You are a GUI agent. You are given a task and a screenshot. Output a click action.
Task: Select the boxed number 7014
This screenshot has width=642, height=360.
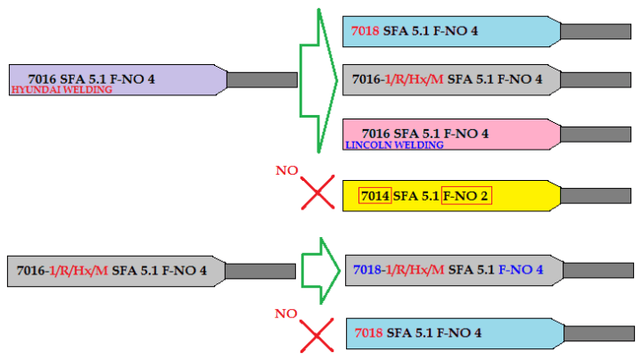coord(374,195)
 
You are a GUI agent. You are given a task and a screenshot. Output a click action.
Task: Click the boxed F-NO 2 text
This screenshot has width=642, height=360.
coord(466,195)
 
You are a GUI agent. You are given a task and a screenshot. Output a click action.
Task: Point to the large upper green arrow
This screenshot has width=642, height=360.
coord(317,80)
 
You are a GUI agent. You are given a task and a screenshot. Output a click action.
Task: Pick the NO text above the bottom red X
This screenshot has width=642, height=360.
coord(285,313)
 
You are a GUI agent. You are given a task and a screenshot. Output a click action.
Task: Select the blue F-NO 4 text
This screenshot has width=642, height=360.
coord(521,269)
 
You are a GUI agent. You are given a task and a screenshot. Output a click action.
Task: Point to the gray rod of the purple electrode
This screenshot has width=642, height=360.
coord(261,79)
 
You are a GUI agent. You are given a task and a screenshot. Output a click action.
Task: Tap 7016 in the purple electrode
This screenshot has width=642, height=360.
coord(43,78)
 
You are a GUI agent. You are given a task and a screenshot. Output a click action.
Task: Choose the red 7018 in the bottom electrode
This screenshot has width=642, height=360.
coord(369,333)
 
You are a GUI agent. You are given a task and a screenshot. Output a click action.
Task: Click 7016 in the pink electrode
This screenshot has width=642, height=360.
coord(377,133)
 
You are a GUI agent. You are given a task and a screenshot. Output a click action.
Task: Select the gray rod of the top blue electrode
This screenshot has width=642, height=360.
coord(596,31)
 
